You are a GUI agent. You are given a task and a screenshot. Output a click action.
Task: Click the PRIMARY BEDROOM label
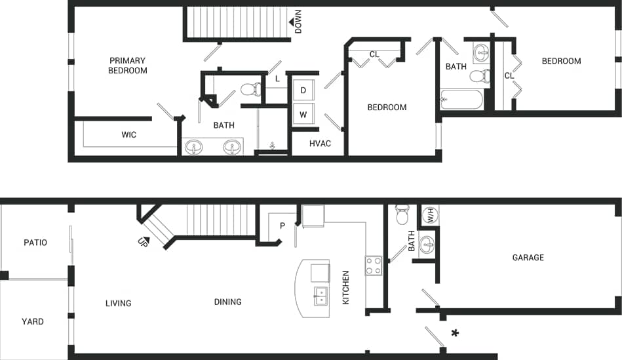(128, 66)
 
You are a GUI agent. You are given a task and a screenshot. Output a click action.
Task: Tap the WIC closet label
(129, 135)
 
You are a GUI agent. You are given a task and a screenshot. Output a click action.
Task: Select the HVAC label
(320, 144)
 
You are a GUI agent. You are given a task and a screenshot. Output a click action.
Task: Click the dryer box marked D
(303, 90)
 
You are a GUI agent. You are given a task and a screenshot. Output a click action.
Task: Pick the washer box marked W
(303, 115)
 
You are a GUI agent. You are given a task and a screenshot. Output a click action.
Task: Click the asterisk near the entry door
(455, 334)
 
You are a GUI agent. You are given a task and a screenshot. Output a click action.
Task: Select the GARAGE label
(528, 258)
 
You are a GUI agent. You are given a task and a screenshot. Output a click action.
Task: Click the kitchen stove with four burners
(374, 266)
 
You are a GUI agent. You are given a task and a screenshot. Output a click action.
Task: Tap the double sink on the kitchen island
(321, 296)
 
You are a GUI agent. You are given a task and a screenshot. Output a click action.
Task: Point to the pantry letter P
(282, 226)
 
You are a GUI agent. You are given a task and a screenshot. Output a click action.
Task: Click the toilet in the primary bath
(250, 89)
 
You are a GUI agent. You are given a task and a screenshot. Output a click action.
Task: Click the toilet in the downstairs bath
(402, 214)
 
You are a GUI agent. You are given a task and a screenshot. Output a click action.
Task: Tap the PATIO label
(35, 243)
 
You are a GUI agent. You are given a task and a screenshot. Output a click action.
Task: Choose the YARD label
(33, 321)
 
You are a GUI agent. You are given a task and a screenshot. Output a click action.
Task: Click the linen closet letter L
(277, 79)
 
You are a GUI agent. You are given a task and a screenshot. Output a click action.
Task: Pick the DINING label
(227, 302)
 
